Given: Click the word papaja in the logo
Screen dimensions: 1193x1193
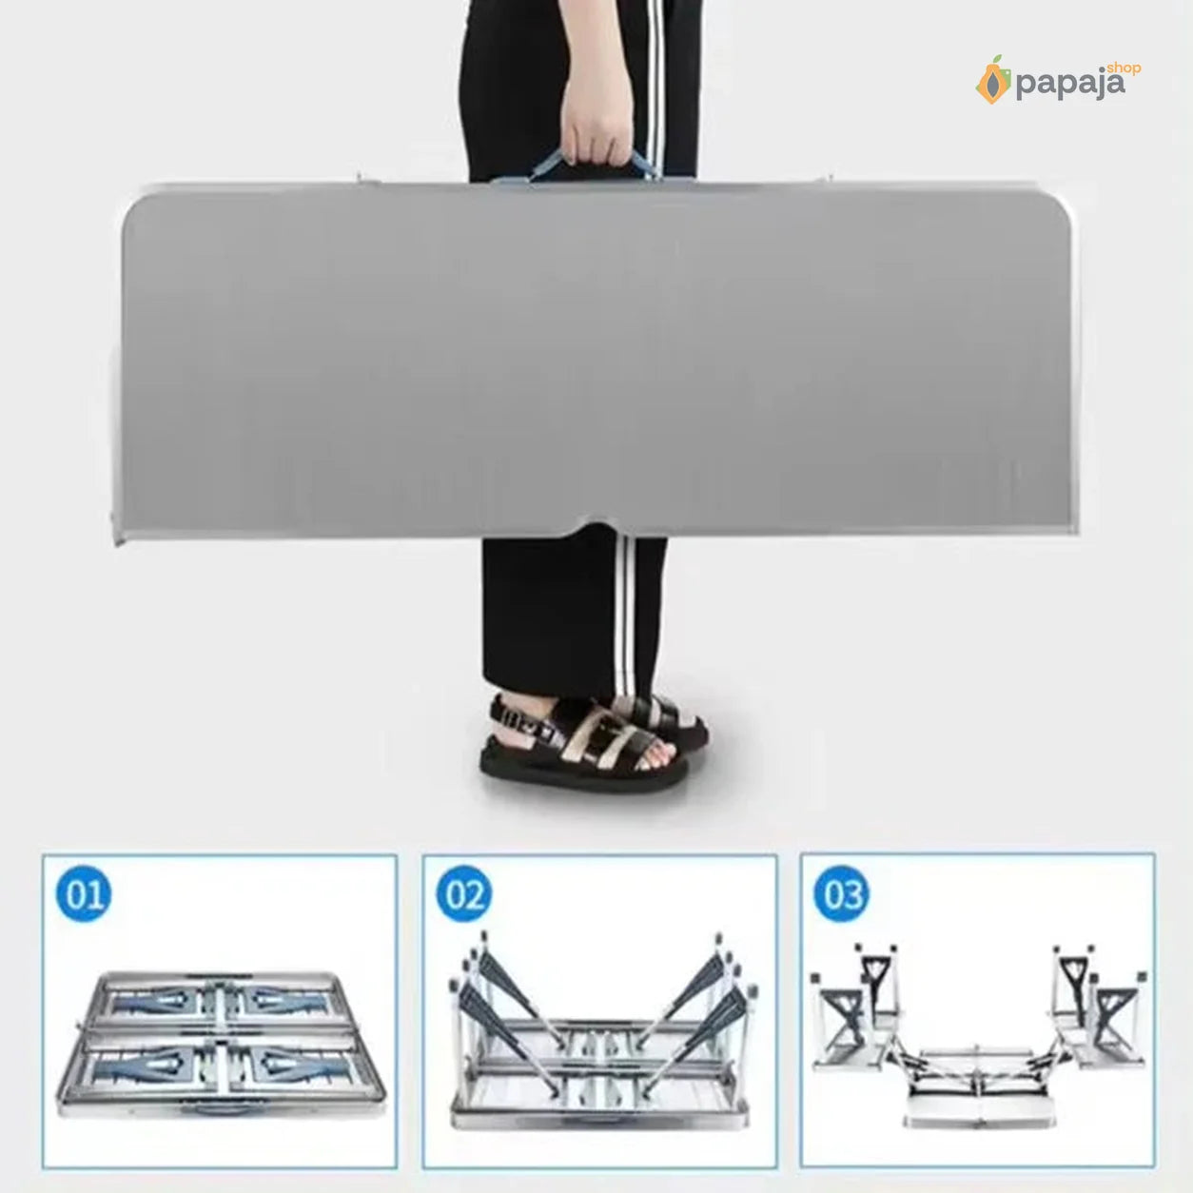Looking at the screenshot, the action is click(x=1070, y=85).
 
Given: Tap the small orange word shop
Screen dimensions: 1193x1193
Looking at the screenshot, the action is click(x=1124, y=68).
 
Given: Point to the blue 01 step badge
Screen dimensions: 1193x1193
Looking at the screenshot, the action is click(x=83, y=893).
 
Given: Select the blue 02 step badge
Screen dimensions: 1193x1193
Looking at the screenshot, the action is click(x=463, y=893).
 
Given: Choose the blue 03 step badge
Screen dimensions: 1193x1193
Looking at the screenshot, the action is click(x=841, y=893).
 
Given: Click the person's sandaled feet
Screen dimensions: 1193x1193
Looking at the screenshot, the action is click(x=592, y=740).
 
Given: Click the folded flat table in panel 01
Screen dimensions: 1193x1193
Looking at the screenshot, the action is click(x=221, y=1047).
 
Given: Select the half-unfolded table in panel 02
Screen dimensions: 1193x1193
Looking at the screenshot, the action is click(x=599, y=1034).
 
